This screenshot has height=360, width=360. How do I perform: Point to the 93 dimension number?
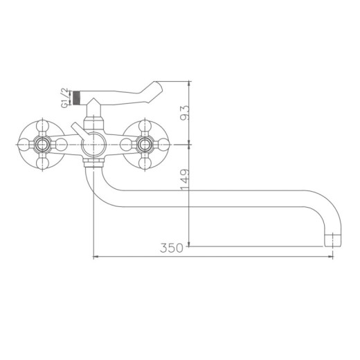tap(182, 112)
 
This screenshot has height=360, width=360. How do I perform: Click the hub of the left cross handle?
tap(43, 145)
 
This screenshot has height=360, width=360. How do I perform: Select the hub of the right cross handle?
tap(145, 145)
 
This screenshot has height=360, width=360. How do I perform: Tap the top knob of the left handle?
tap(43, 127)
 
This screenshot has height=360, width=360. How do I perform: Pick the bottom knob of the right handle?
tap(145, 164)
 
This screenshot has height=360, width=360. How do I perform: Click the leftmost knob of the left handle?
tap(24, 145)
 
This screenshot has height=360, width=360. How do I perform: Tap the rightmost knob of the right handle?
tap(165, 145)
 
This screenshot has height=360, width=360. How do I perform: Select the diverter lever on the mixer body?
tap(77, 131)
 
